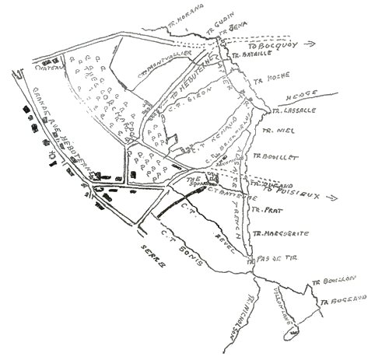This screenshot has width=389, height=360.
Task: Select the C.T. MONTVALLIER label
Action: pyautogui.click(x=159, y=70)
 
